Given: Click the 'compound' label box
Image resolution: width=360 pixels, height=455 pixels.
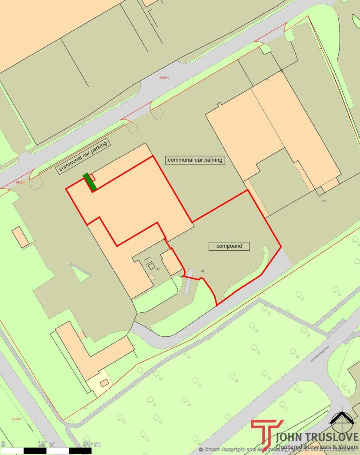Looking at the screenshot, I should tap(229, 246).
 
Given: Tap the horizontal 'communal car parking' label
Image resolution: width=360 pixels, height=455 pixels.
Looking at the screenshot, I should tap(195, 160).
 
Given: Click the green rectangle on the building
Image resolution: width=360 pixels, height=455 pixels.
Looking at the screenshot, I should tap(91, 182).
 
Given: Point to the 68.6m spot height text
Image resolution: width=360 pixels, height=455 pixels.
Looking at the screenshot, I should tap(164, 78).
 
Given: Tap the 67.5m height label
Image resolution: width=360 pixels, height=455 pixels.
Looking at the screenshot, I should tap(16, 419).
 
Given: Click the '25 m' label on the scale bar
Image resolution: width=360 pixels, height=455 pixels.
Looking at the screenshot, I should tap(47, 444).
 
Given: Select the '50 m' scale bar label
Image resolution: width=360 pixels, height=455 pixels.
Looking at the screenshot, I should tap(91, 444).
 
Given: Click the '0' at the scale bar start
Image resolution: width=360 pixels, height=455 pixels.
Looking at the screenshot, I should tap(3, 444).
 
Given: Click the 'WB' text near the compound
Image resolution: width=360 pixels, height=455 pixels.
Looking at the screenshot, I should tap(202, 271).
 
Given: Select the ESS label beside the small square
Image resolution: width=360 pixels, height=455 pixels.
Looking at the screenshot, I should tap(158, 269).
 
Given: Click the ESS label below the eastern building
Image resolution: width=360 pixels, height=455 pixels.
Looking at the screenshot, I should tap(324, 201).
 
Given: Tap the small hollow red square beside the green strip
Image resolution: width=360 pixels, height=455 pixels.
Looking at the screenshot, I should tap(92, 176).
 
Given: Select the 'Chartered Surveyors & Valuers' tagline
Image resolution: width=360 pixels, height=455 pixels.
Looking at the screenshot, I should tap(317, 447).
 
